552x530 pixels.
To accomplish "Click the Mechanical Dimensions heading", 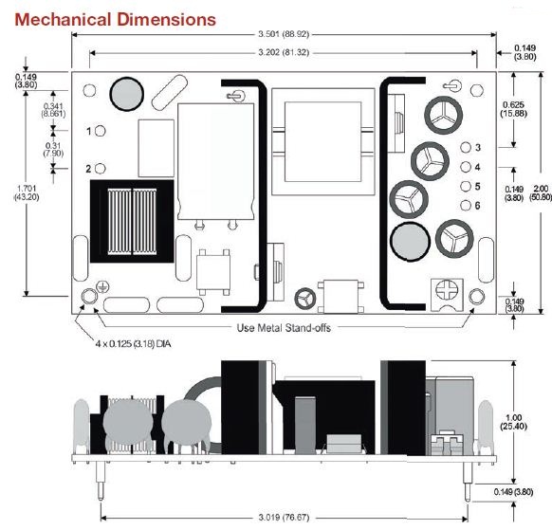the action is (115, 19).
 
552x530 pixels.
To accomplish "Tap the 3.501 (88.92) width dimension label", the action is (284, 34).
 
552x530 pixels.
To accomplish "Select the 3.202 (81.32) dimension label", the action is (284, 52).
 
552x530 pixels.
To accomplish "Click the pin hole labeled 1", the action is (101, 131).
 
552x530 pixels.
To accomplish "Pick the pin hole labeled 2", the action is (101, 169).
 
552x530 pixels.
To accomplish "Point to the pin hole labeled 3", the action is (466, 148).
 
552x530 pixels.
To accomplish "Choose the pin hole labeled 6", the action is (466, 205).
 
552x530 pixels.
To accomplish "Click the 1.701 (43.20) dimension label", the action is (27, 192).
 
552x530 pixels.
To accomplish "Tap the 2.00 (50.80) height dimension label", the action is (541, 192).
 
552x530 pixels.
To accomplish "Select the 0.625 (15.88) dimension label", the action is (514, 109).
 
